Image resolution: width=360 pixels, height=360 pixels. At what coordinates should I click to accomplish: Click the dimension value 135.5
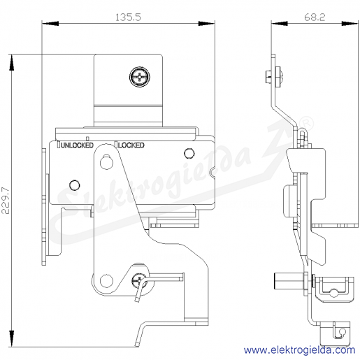(128, 17)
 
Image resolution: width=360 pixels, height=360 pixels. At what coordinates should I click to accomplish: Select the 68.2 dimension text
(315, 17)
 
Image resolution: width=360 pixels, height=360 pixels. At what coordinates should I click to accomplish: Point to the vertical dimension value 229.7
(6, 200)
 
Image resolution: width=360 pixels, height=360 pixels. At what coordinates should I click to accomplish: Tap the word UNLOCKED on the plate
(77, 145)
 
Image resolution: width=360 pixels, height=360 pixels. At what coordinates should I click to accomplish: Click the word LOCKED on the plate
(131, 145)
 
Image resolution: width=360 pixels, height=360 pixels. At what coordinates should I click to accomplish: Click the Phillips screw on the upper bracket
(139, 77)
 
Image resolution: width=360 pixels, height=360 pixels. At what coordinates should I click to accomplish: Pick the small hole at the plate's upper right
(189, 153)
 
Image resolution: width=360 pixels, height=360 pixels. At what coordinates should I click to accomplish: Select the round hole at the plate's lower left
(75, 185)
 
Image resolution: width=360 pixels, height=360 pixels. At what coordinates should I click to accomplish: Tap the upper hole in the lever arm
(106, 162)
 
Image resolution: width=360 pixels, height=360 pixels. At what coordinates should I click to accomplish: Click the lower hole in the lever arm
(106, 281)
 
